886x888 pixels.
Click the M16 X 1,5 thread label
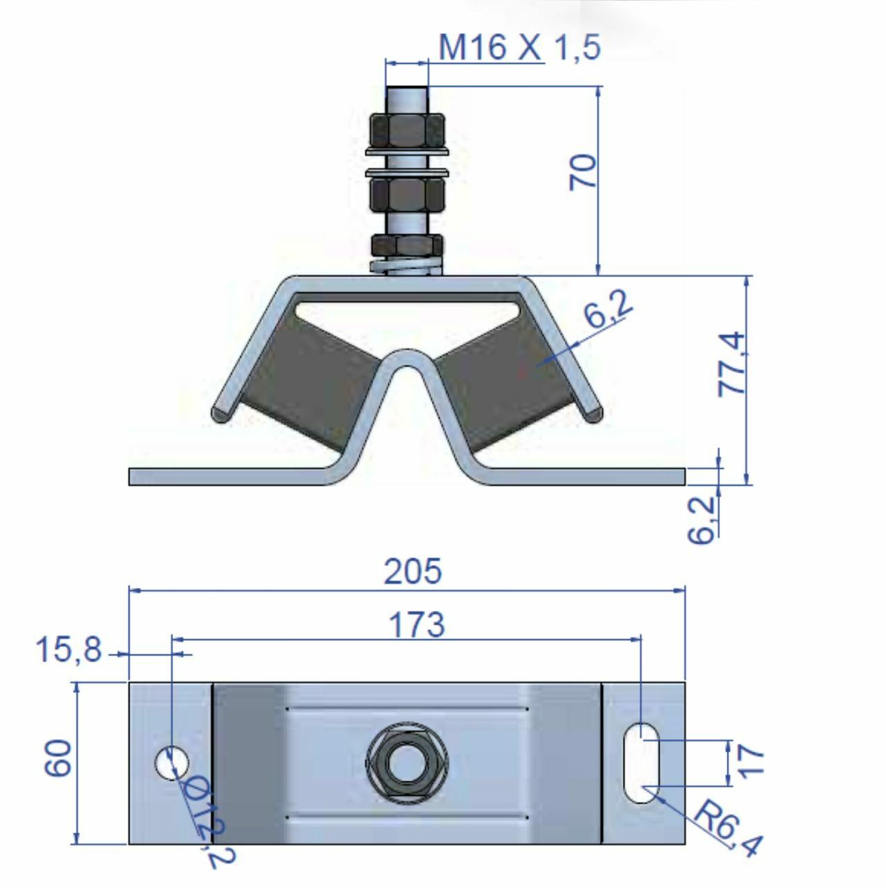pyautogui.click(x=519, y=47)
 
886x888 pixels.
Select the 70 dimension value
pyautogui.click(x=583, y=172)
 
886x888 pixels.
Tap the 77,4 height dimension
pyautogui.click(x=733, y=364)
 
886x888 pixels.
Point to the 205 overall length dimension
pyautogui.click(x=412, y=572)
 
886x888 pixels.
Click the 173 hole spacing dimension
pyautogui.click(x=416, y=624)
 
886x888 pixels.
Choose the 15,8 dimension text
pyautogui.click(x=68, y=651)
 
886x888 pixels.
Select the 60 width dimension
pyautogui.click(x=58, y=758)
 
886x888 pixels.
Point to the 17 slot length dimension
pyautogui.click(x=752, y=761)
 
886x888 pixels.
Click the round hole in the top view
pyautogui.click(x=171, y=762)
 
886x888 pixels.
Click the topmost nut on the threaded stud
pyautogui.click(x=407, y=127)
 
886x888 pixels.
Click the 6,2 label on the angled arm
pyautogui.click(x=607, y=309)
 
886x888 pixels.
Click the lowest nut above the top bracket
pyautogui.click(x=407, y=245)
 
